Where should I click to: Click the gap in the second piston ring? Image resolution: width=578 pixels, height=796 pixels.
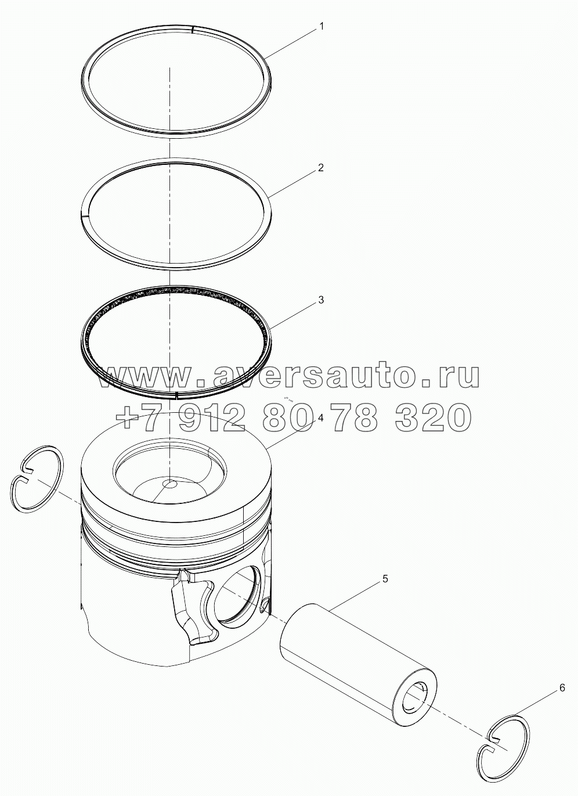pyautogui.click(x=84, y=216)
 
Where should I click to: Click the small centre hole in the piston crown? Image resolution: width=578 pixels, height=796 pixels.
pyautogui.click(x=170, y=484)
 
